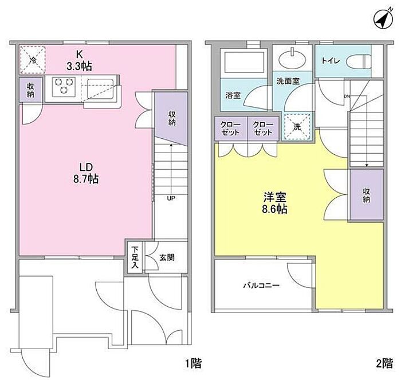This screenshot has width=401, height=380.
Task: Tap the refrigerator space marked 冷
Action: point(33,60)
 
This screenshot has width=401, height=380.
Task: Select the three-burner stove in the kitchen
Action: point(64,87)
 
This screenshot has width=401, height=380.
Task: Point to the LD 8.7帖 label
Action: point(86,173)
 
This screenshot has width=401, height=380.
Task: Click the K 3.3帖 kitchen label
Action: point(79,60)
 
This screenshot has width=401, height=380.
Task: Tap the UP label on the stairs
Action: point(171,198)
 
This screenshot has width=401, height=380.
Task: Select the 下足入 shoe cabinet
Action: point(135,257)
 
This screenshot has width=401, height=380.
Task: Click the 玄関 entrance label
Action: point(167,258)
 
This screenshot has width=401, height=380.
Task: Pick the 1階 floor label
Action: point(194,363)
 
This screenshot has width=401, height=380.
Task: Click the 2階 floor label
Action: point(384,363)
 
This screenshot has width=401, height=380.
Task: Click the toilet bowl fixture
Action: point(359,62)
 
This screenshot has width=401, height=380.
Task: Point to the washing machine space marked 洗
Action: point(297,127)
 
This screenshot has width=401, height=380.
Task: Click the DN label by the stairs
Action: point(347,97)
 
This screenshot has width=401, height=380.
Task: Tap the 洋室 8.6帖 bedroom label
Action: point(274,203)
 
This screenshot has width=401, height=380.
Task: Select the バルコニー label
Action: point(261,285)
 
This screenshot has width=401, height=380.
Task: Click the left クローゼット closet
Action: point(231,129)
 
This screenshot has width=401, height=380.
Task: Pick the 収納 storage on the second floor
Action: point(367,195)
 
